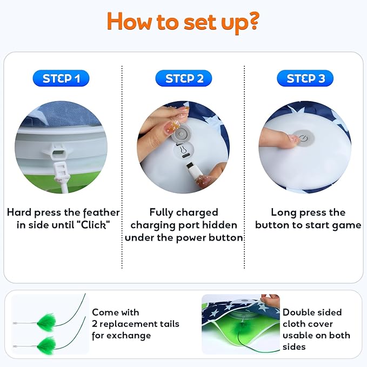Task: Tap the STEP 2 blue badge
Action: point(184,78)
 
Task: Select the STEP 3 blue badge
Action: point(305,78)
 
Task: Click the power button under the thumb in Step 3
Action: point(303,138)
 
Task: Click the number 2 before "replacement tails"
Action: point(95,324)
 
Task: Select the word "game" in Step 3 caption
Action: point(348,225)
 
